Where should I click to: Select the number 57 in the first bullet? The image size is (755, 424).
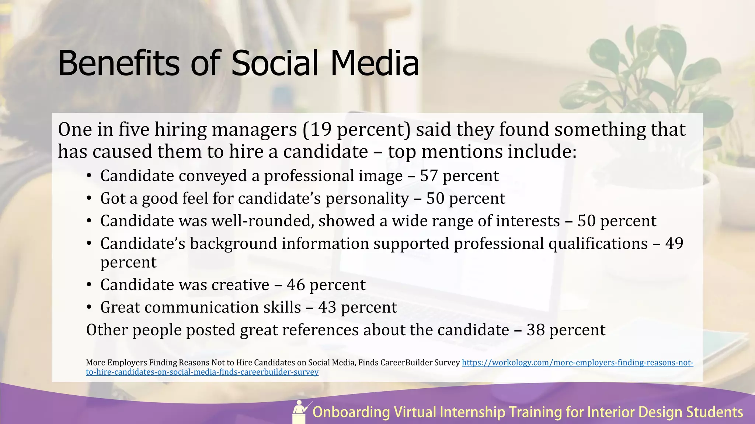coord(429,176)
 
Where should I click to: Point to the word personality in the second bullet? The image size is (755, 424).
coord(367,199)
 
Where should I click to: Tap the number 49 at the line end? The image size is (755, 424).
coord(674,244)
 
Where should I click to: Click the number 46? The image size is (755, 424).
coord(296,285)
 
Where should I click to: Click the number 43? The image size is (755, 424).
coord(327,308)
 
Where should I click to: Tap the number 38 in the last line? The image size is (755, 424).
coord(536,330)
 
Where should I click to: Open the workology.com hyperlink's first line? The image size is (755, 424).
coord(577,363)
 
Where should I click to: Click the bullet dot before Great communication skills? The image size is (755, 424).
coord(89,308)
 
